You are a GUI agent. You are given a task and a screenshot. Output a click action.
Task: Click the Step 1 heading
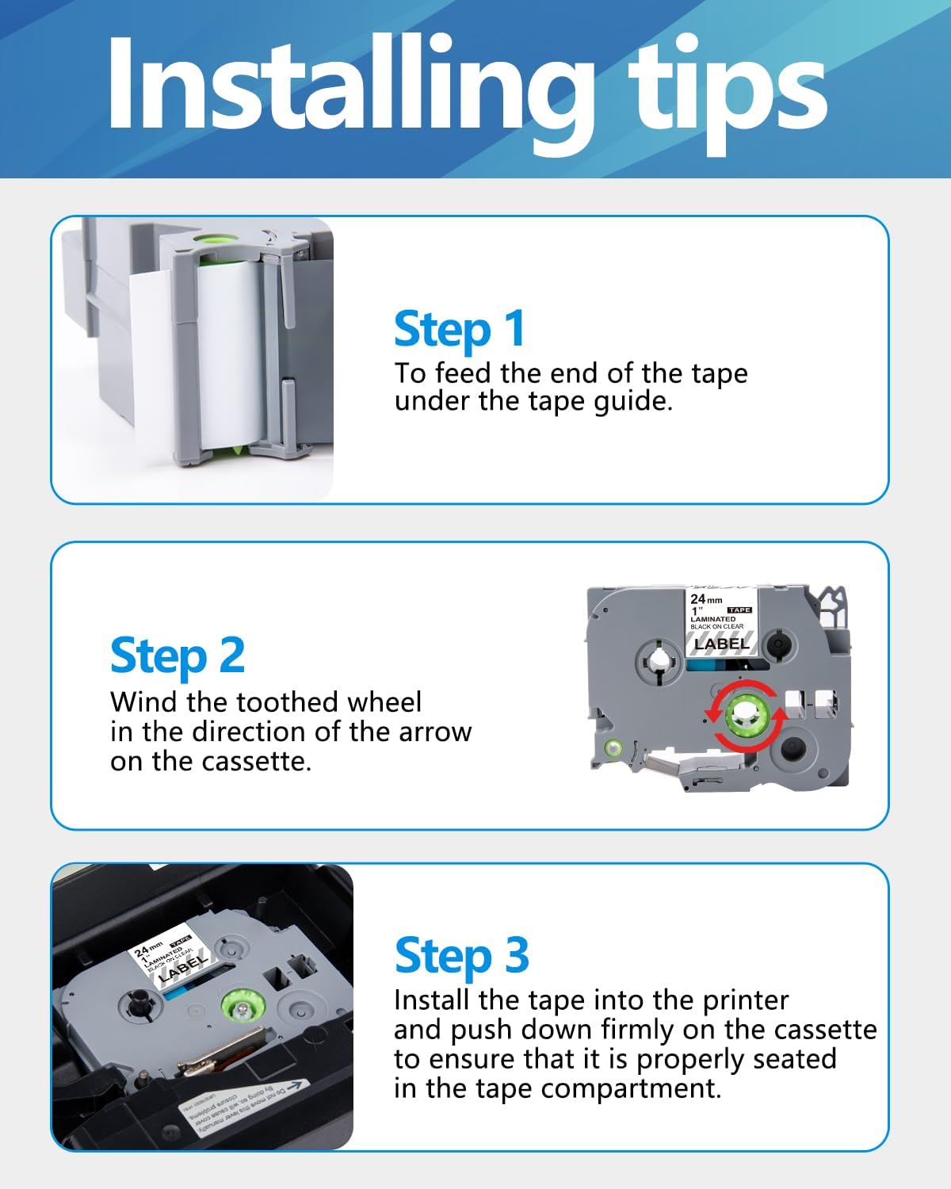pos(460,329)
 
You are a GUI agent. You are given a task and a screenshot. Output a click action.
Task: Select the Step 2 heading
pos(178,656)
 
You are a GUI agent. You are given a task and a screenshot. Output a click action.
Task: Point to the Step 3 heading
pos(461,955)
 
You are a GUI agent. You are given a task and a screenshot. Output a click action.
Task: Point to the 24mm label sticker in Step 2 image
pos(721,622)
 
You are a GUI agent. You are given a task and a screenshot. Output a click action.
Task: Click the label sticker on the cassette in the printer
pos(170,961)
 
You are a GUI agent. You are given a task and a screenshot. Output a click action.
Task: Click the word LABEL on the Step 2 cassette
pos(721,644)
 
